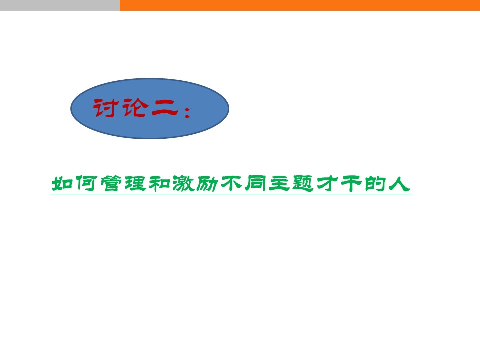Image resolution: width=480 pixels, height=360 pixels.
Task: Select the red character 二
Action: pos(165,108)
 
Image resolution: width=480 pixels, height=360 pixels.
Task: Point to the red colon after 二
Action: pos(187,111)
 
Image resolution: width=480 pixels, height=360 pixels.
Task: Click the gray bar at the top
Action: pos(60,5)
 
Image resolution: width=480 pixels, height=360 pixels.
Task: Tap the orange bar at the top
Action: pos(300,5)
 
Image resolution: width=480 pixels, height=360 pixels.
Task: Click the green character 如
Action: pos(62,184)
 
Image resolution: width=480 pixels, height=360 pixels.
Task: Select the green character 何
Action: pos(86,183)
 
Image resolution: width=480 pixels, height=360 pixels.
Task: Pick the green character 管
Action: pos(111,183)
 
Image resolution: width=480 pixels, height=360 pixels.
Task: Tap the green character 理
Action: pos(135,183)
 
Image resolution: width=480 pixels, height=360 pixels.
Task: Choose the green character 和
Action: pos(159,183)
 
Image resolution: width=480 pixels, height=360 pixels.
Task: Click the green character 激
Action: pos(183,183)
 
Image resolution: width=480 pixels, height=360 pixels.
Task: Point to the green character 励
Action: pos(207,183)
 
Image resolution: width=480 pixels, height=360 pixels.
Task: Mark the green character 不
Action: pos(231,183)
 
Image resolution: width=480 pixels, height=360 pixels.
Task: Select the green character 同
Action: pos(256,183)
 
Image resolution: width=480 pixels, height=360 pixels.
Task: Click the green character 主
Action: pos(280,183)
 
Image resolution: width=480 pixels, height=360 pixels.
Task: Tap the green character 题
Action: pos(303,183)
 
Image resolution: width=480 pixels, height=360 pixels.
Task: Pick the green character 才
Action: pos(327,183)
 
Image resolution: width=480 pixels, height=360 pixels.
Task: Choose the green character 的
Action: pos(375,183)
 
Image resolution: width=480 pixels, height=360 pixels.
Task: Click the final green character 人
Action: pos(399,184)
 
